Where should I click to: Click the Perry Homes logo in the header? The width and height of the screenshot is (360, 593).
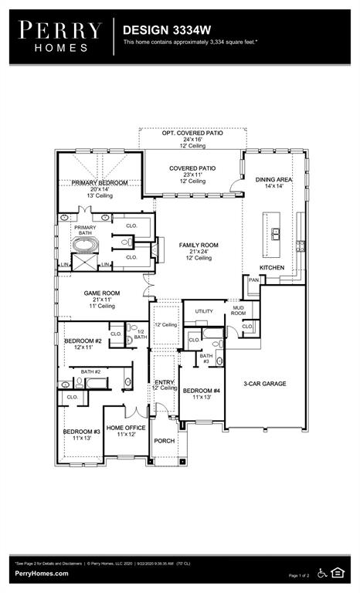[60, 36]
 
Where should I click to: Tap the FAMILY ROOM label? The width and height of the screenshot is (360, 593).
[199, 245]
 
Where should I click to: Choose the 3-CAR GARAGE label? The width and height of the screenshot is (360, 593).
[266, 383]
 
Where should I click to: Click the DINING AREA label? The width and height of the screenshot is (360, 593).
[275, 179]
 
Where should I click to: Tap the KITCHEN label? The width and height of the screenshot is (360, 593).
[271, 267]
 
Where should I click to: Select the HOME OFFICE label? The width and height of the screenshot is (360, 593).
[126, 428]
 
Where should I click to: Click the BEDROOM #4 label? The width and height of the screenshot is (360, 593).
[201, 391]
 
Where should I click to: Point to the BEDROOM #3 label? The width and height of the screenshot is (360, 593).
[82, 431]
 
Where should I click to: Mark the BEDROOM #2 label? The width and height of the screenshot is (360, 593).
[83, 341]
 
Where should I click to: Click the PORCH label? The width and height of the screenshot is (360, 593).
[164, 441]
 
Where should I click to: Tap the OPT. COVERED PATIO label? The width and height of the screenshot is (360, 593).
[192, 133]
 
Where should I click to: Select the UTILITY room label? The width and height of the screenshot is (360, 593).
[203, 311]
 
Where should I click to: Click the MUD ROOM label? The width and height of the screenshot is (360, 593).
[239, 310]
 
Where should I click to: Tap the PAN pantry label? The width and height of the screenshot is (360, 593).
[253, 280]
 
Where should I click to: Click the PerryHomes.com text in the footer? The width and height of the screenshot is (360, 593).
[41, 573]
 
